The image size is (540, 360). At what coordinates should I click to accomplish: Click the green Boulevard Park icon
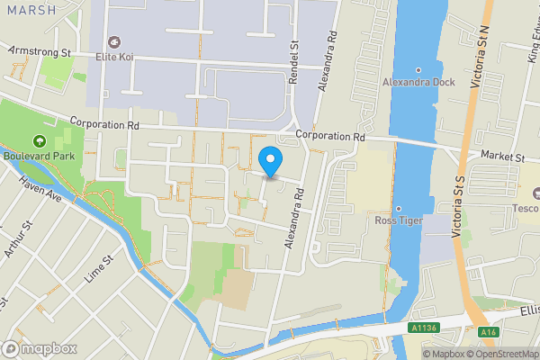pyautogui.click(x=39, y=141)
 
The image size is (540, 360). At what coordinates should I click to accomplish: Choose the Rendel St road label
pyautogui.click(x=293, y=61)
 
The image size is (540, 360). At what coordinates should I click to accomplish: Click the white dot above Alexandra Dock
pyautogui.click(x=418, y=69)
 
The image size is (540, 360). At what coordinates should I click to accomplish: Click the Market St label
pyautogui.click(x=502, y=157)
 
